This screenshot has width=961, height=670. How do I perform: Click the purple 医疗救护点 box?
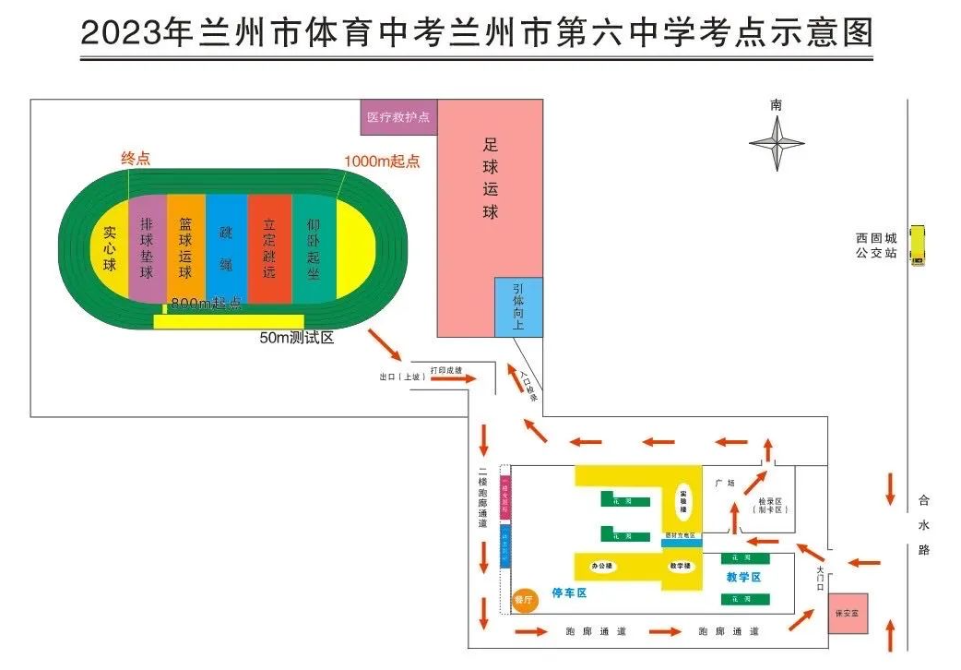pyautogui.click(x=397, y=117)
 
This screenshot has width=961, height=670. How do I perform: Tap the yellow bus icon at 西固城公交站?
pyautogui.click(x=917, y=245)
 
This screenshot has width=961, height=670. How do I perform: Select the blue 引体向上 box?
pyautogui.click(x=518, y=306)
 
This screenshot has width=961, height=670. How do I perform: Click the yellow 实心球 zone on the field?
pyautogui.click(x=110, y=248)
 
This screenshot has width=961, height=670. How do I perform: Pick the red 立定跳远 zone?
pyautogui.click(x=269, y=248)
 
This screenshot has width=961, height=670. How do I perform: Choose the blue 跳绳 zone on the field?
pyautogui.click(x=226, y=248)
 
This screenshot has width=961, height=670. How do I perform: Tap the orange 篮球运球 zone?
pyautogui.click(x=185, y=248)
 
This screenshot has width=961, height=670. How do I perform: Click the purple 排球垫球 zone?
pyautogui.click(x=147, y=248)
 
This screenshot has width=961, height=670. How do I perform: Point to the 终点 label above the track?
pyautogui.click(x=136, y=159)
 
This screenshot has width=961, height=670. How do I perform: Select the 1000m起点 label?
pyautogui.click(x=382, y=161)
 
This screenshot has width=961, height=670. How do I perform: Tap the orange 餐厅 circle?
pyautogui.click(x=524, y=600)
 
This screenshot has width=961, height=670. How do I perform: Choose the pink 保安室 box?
pyautogui.click(x=848, y=613)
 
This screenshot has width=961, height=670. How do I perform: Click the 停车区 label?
pyautogui.click(x=569, y=593)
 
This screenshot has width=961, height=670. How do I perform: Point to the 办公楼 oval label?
pyautogui.click(x=602, y=566)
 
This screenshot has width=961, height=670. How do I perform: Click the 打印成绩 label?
pyautogui.click(x=445, y=370)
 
